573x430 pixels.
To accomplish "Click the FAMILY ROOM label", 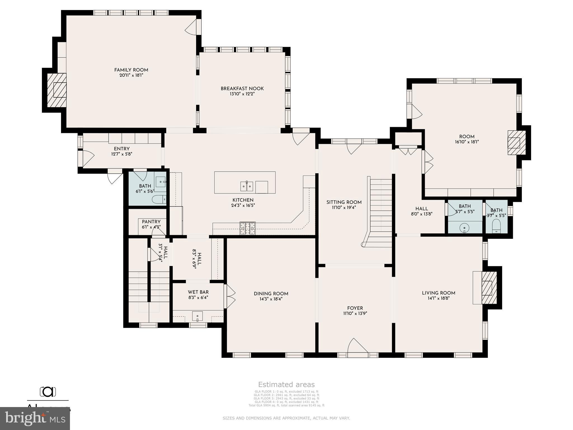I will pyautogui.click(x=131, y=70).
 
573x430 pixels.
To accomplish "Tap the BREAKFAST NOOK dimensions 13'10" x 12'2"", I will pyautogui.click(x=242, y=94).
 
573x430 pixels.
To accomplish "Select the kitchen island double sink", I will pyautogui.click(x=247, y=186).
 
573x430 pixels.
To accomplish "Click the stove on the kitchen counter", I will pyautogui.click(x=248, y=228).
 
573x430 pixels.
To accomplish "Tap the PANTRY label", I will pyautogui.click(x=151, y=222).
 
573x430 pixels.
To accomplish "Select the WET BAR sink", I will pyautogui.click(x=198, y=316).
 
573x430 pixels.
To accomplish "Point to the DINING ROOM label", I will pyautogui.click(x=271, y=294).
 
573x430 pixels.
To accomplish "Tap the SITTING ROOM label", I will pyautogui.click(x=344, y=202).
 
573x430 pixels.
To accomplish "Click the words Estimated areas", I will pyautogui.click(x=286, y=385).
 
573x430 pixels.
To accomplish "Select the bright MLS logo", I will pyautogui.click(x=35, y=418).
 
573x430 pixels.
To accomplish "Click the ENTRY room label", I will pyautogui.click(x=122, y=149).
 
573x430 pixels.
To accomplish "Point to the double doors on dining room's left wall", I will pyautogui.click(x=230, y=296).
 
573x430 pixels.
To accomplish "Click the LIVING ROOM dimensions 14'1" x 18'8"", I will pyautogui.click(x=438, y=298).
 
